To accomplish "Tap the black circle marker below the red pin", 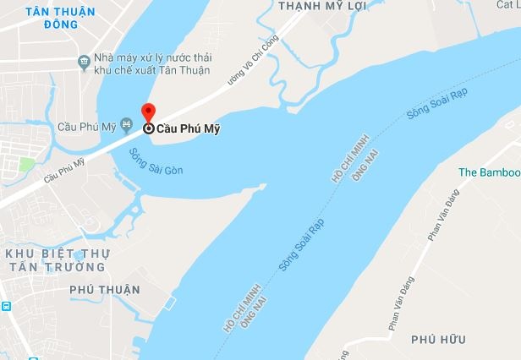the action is pyautogui.click(x=149, y=129).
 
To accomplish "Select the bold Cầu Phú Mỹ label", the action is pyautogui.click(x=183, y=130).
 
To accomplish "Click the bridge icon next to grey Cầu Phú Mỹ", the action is pyautogui.click(x=127, y=127).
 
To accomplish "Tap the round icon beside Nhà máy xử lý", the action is pyautogui.click(x=83, y=61).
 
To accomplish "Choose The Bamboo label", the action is pyautogui.click(x=489, y=172).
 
